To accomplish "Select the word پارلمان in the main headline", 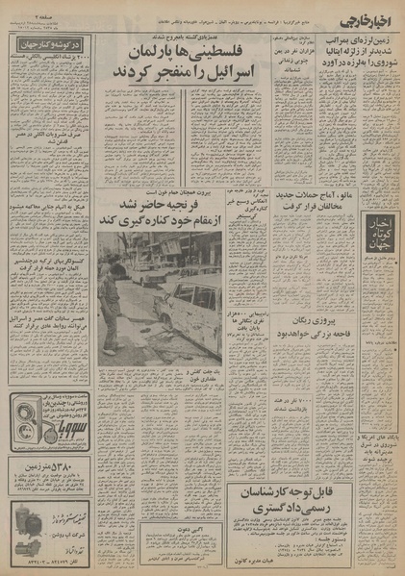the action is point(183,48).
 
